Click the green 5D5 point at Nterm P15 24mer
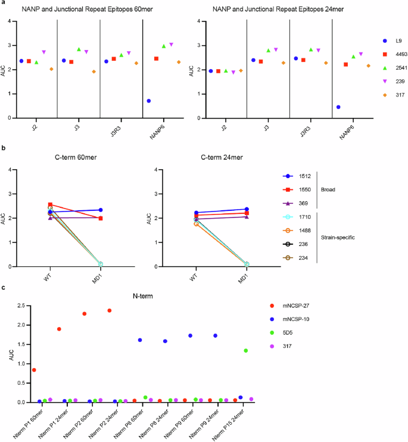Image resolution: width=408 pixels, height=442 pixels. [x=245, y=350]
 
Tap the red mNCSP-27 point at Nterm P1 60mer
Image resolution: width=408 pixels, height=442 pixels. [x=34, y=370]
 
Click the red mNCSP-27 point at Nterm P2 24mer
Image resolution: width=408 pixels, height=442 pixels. [x=110, y=310]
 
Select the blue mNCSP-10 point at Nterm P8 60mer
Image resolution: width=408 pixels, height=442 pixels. [x=140, y=340]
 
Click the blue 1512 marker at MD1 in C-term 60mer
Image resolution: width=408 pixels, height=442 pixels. [x=101, y=210]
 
